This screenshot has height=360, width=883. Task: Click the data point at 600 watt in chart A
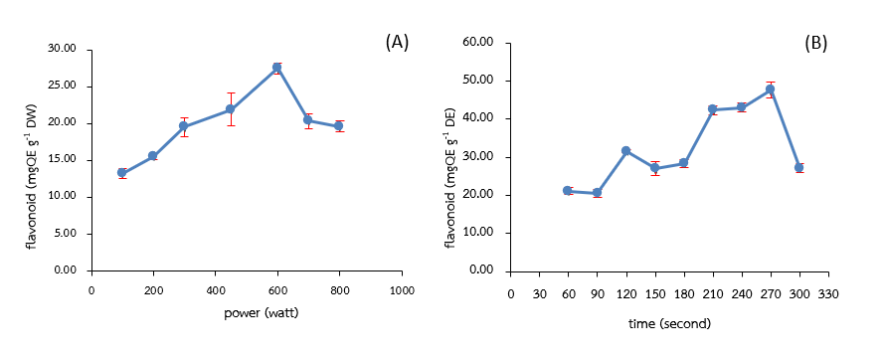click(277, 68)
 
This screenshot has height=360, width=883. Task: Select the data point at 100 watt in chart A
click(121, 173)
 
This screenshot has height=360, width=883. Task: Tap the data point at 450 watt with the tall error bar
click(231, 109)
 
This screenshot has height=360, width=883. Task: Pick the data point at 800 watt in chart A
click(339, 126)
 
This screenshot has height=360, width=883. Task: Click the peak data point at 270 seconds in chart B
click(770, 90)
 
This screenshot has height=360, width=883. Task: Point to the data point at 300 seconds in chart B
click(798, 167)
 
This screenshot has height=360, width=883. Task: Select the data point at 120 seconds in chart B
click(625, 151)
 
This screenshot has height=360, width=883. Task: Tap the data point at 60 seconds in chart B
click(568, 190)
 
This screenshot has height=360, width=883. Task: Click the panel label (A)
click(397, 42)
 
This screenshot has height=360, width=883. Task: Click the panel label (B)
click(815, 43)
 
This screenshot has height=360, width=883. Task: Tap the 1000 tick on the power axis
click(402, 290)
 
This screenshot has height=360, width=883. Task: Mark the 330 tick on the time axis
click(827, 294)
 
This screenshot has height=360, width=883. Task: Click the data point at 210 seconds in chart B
click(712, 109)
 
